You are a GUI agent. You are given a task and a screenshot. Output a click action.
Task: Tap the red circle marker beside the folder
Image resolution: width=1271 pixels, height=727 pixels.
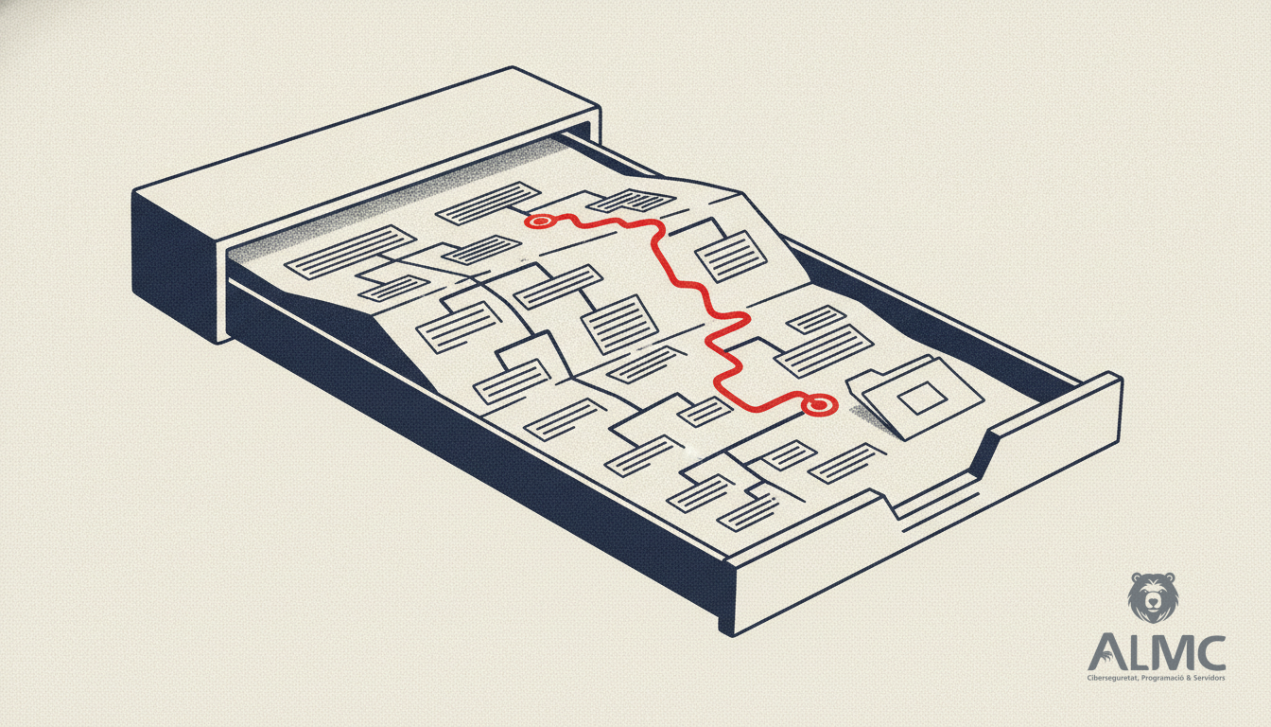(818, 405)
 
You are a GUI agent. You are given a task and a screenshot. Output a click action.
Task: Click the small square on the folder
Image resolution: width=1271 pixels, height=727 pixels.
(920, 398)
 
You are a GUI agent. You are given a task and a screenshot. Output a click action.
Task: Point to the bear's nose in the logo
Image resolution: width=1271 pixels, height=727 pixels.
(1153, 601)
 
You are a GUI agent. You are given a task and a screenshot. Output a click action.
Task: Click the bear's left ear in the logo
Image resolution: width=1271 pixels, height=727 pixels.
(1137, 578)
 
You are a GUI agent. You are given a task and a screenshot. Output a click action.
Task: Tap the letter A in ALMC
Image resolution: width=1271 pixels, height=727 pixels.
(1108, 652)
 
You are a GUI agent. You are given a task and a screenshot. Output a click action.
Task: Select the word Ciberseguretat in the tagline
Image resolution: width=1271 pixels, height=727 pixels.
(1111, 679)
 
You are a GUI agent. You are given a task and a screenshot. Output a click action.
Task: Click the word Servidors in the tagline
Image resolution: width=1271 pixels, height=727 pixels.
(1210, 678)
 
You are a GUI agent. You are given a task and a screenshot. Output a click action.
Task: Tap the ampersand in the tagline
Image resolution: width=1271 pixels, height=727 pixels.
(1187, 678)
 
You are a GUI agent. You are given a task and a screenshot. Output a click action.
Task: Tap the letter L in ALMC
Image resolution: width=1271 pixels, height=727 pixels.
(1137, 652)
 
